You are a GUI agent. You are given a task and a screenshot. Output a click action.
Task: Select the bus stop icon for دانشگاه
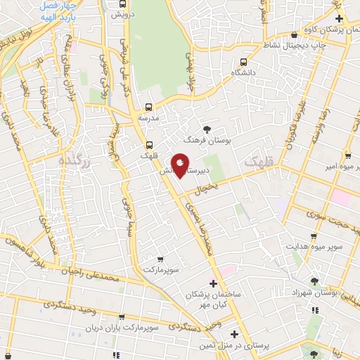tap(243, 62)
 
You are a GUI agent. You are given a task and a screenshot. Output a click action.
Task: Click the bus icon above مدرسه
tap(148, 107)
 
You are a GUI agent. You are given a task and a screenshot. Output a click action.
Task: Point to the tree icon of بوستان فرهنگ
tap(207, 129)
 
